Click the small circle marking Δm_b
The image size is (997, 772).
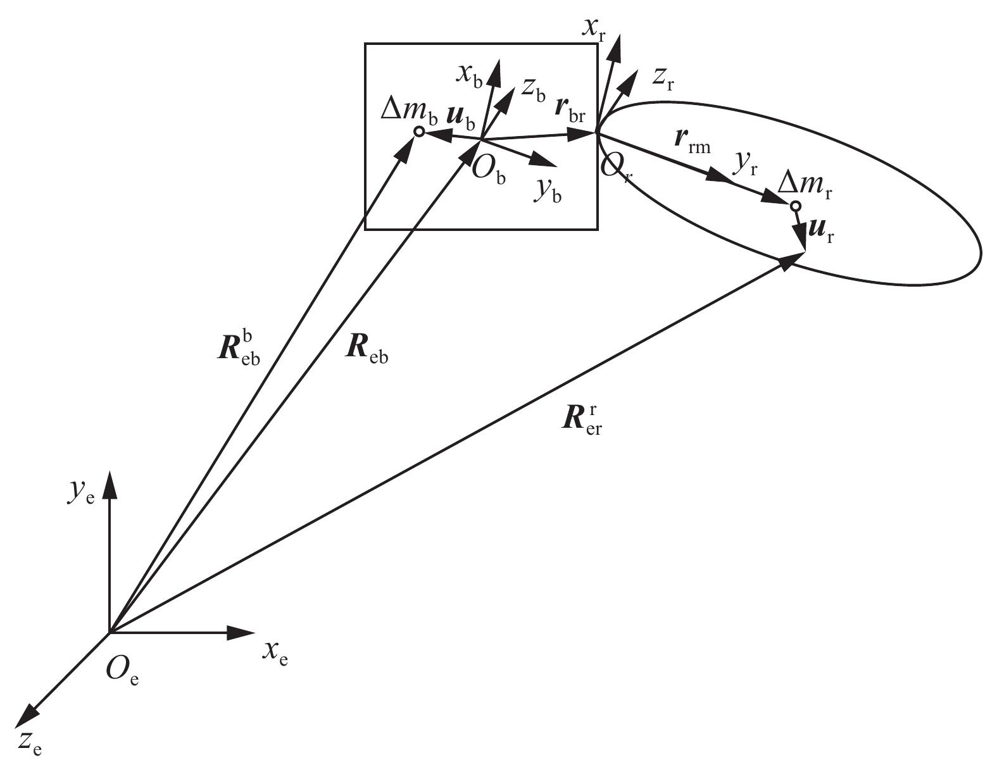pyautogui.click(x=418, y=132)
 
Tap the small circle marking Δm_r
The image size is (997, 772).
pyautogui.click(x=796, y=206)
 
